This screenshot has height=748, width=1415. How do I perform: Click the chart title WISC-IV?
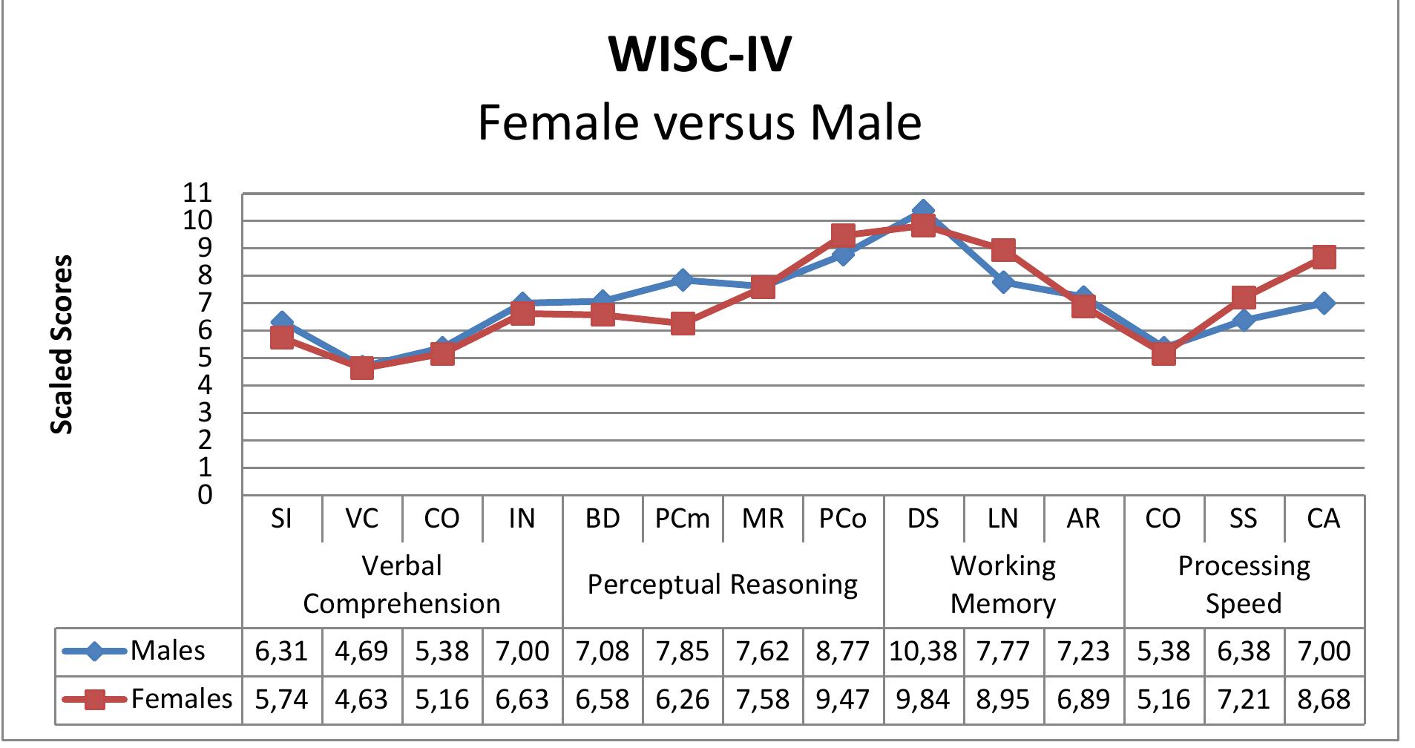coord(700,54)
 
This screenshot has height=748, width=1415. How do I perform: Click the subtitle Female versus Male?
coord(700,122)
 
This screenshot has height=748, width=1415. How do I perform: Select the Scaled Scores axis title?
coord(62,344)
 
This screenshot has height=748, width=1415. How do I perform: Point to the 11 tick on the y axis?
coord(197,193)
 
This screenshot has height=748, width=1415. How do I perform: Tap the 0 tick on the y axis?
coord(205,495)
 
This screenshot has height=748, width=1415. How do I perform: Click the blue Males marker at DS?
coord(923,212)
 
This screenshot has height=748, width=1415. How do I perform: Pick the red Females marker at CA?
coord(1324,257)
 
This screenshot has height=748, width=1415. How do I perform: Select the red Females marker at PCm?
coord(683,324)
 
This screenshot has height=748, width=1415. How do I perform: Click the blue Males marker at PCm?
coord(683,280)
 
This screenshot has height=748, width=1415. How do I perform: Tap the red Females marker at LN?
coord(1003,250)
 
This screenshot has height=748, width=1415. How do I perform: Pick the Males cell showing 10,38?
coord(923,652)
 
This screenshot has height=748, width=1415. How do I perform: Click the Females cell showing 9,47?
coord(842,699)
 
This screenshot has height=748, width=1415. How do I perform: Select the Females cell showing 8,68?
coord(1324,699)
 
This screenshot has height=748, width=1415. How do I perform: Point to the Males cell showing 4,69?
coord(361,652)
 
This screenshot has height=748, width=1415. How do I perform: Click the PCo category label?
coord(842,519)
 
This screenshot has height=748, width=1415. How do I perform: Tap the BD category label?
coord(602,519)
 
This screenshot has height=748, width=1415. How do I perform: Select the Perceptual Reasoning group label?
coord(723,585)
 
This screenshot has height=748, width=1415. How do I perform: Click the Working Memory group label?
coord(1003,585)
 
